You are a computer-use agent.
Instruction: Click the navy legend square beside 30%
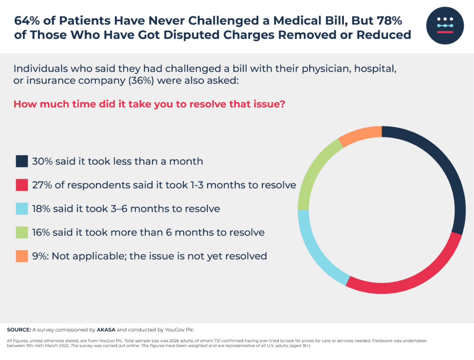coord(22,161)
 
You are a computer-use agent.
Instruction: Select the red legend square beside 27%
coord(22,185)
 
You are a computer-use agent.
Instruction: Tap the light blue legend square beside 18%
coord(22,208)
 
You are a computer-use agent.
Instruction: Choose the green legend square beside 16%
coord(22,232)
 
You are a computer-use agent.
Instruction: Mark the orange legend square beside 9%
coord(22,255)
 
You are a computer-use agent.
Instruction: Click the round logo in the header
coord(445,26)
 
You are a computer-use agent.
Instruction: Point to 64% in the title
coord(26,21)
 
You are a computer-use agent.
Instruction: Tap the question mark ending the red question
coord(282,104)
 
